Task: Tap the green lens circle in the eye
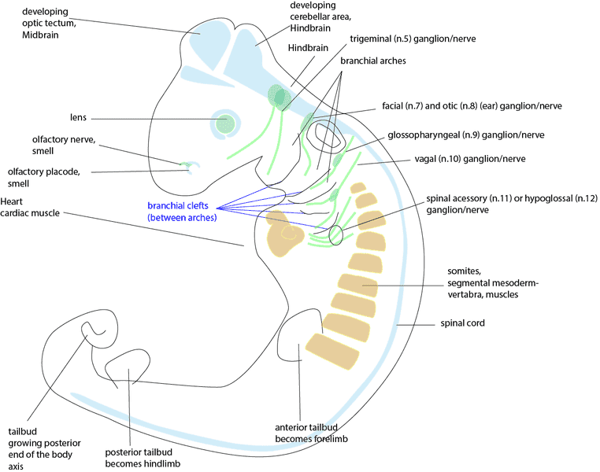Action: (x=226, y=122)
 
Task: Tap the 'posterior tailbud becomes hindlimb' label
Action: (x=139, y=459)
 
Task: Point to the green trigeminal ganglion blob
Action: (x=278, y=96)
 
